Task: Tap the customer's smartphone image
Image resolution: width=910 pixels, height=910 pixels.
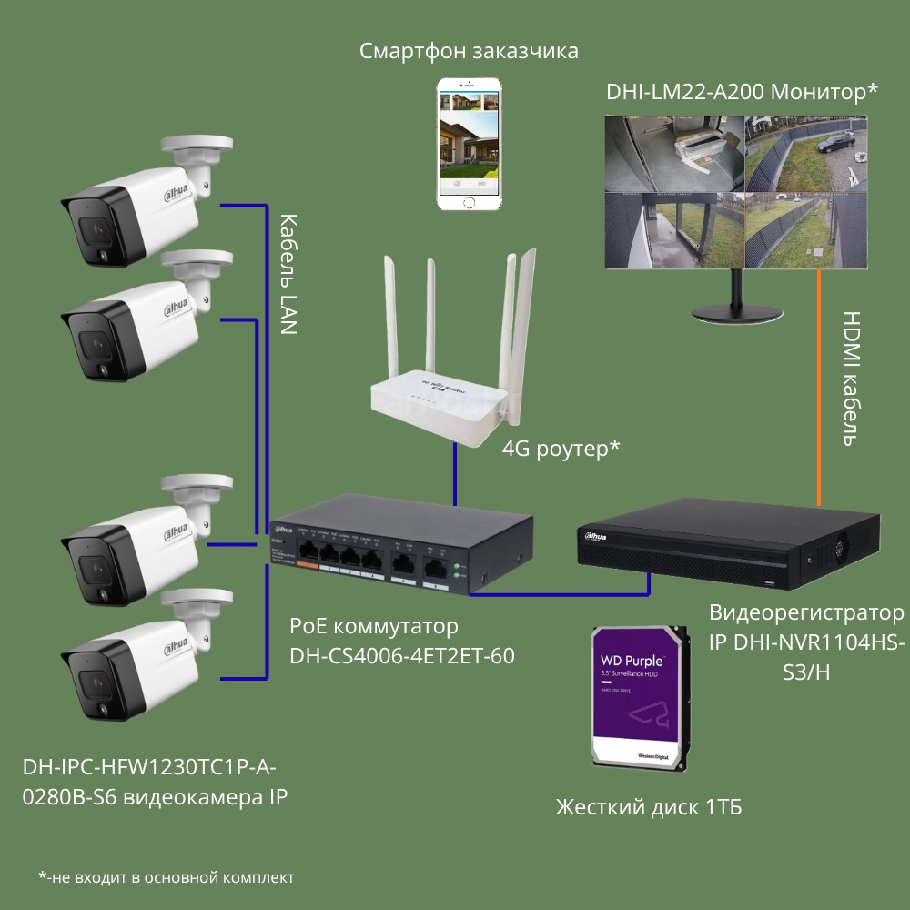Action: pos(470,145)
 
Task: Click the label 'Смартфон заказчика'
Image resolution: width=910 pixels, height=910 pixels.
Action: pos(469,51)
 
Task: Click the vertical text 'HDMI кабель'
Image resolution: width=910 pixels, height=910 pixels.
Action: pos(850,379)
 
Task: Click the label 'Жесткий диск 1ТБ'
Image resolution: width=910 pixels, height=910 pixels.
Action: pos(648,807)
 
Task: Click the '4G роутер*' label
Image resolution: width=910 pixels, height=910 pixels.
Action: pos(561,448)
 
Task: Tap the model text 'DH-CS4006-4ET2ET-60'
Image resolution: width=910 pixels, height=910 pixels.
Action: pos(401,655)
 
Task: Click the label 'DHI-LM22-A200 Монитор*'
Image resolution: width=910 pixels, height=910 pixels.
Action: pos(742,92)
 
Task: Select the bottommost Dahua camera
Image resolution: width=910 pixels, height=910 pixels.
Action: pos(136,655)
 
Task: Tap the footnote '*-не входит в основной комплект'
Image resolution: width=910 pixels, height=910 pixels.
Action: pos(167,877)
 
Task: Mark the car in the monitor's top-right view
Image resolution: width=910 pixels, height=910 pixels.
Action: pos(834,143)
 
